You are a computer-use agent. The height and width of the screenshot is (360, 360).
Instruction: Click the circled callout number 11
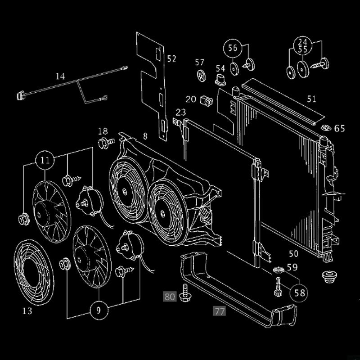[x=45, y=160]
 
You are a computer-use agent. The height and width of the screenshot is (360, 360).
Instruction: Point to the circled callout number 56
[x=232, y=48]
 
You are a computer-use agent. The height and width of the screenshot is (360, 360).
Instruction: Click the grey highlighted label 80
[x=170, y=296]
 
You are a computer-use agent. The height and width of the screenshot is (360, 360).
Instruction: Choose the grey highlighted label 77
[x=219, y=310]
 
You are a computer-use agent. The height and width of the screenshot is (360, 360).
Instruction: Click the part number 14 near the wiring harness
[x=60, y=76]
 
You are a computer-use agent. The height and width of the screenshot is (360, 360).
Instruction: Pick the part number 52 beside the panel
[x=171, y=58]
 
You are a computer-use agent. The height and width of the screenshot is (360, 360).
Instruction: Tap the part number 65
[x=339, y=129]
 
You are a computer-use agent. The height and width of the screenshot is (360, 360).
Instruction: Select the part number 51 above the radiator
[x=311, y=99]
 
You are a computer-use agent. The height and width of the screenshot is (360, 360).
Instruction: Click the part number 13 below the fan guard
[x=27, y=310]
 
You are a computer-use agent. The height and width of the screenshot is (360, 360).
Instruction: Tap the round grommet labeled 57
[x=201, y=75]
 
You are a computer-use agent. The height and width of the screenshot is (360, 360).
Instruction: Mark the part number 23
[x=181, y=112]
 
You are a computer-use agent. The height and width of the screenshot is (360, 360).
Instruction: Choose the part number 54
[x=220, y=68]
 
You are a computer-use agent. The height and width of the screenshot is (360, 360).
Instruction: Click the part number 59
[x=292, y=267]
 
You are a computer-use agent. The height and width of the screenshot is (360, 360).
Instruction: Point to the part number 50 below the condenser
[x=293, y=254]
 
